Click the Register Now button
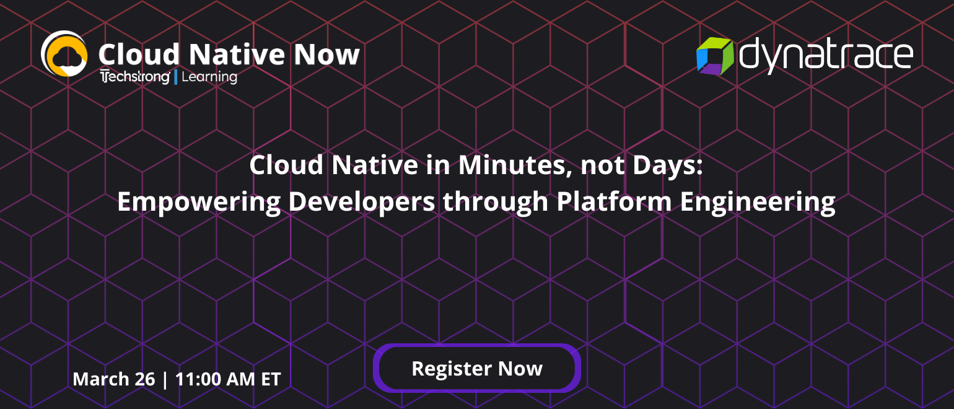[477, 368]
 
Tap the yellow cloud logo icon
[64, 54]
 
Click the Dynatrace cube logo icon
[715, 56]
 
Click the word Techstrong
[135, 77]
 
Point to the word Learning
[209, 77]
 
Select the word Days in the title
[667, 165]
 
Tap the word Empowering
[199, 201]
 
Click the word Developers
[362, 201]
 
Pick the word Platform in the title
[614, 201]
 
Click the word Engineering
[758, 201]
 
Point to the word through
[496, 201]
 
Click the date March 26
[114, 379]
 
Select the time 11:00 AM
[215, 379]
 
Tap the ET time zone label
[271, 379]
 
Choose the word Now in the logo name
[327, 55]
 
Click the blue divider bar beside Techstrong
[176, 77]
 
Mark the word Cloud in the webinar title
[286, 165]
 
